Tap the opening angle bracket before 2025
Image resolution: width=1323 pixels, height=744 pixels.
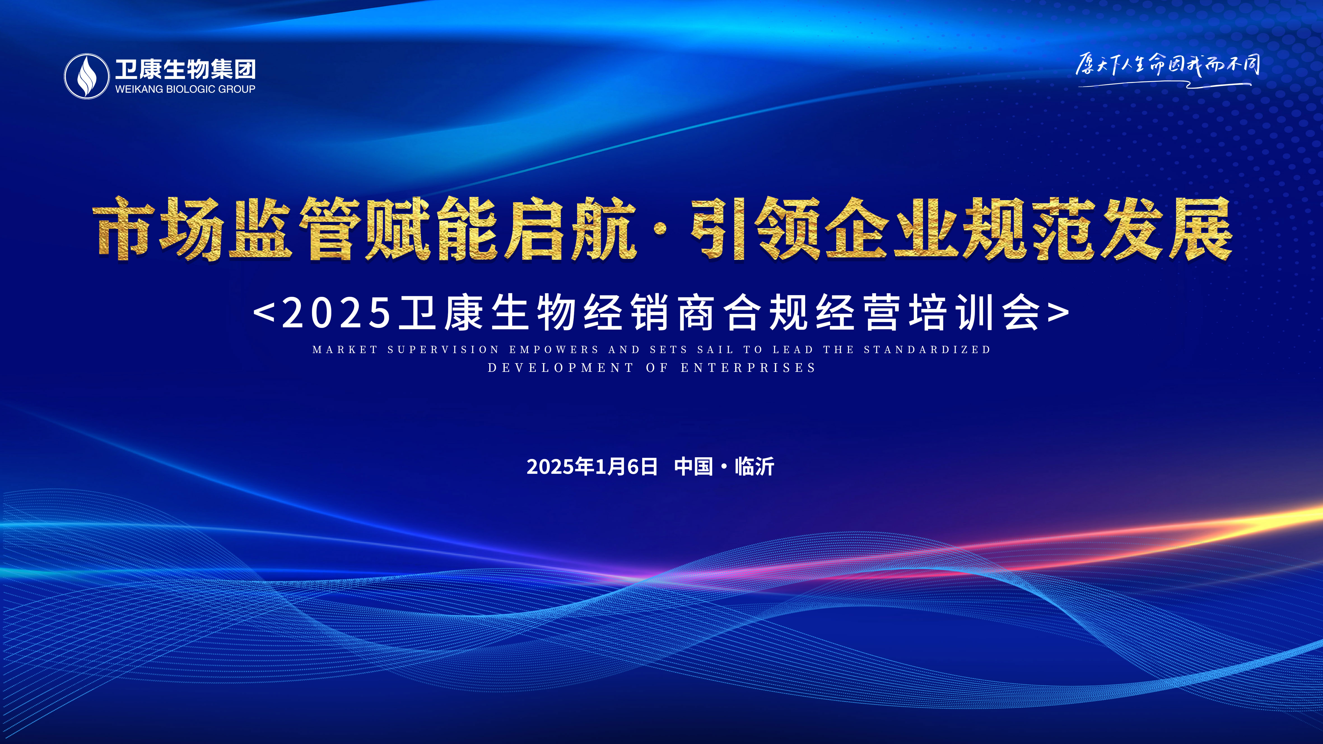point(264,312)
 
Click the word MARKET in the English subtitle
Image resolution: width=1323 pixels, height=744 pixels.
point(345,350)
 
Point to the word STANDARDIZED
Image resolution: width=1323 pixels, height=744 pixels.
point(927,350)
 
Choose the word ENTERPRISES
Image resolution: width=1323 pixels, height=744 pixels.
point(748,368)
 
